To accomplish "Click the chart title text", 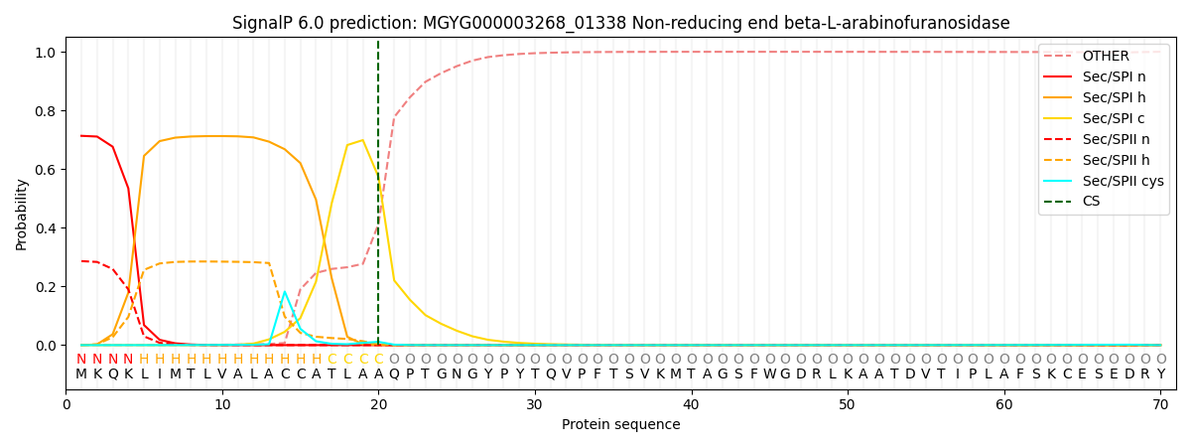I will pyautogui.click(x=620, y=23).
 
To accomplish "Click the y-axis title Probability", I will pyautogui.click(x=21, y=214).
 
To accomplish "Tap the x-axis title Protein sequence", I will pyautogui.click(x=620, y=425).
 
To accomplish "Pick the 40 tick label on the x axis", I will pyautogui.click(x=691, y=405).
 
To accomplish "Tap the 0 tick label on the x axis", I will pyautogui.click(x=66, y=405).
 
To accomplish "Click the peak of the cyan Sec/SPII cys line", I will pyautogui.click(x=285, y=292).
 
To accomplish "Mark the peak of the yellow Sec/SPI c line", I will pyautogui.click(x=362, y=140).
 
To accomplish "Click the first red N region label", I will pyautogui.click(x=81, y=360).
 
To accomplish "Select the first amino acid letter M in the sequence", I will pyautogui.click(x=81, y=374).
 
